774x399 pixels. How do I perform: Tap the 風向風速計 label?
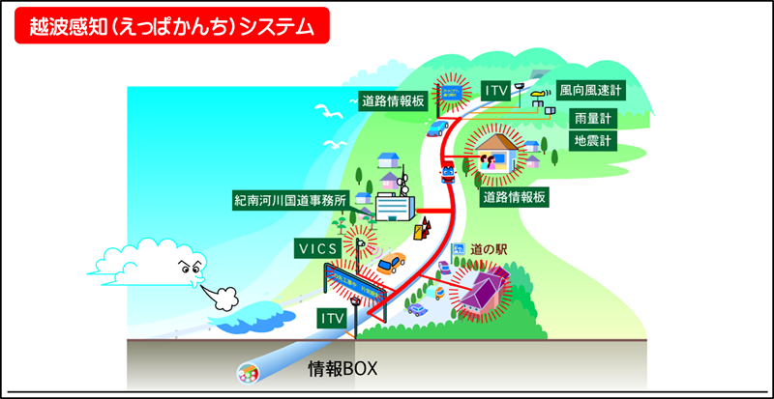click(591, 90)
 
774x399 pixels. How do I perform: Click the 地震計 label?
click(591, 140)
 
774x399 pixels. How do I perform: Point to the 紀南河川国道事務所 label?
click(290, 201)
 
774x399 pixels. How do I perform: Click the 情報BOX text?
click(342, 368)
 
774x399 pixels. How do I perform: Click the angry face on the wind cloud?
click(187, 268)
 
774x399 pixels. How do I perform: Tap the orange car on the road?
click(391, 263)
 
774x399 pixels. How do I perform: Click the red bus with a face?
click(447, 173)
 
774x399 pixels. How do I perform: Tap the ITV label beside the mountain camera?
click(495, 90)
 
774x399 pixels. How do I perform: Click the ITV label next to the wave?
click(331, 316)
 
